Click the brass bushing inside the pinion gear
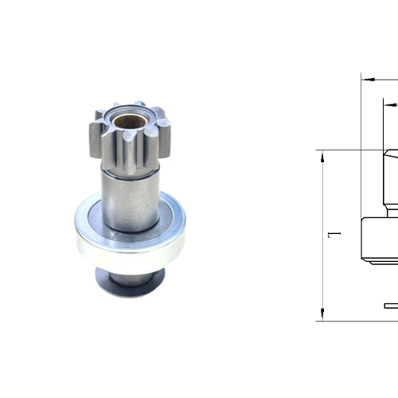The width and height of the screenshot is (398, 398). click(x=127, y=123)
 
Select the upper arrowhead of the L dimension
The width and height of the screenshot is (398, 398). click(x=323, y=154)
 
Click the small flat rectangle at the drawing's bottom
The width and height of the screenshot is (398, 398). click(x=391, y=305)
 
